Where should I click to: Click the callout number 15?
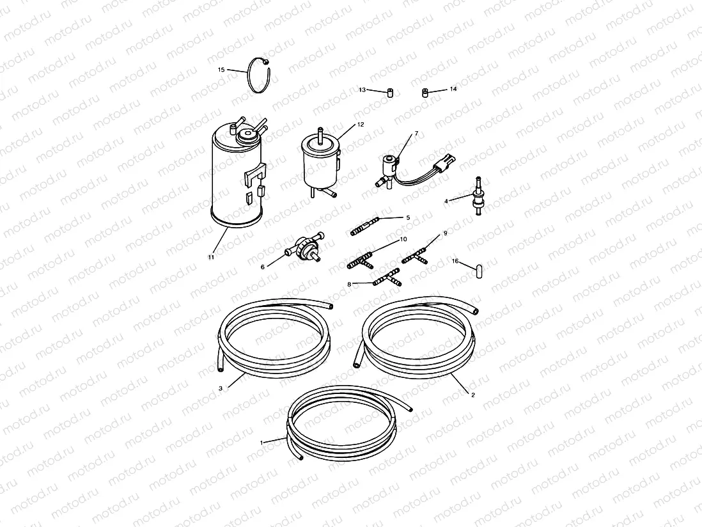click(x=221, y=70)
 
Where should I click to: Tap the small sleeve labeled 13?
click(x=390, y=93)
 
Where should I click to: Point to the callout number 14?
click(x=453, y=89)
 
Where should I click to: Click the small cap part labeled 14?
click(x=426, y=93)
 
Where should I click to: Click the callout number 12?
click(x=361, y=125)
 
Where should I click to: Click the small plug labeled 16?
click(x=479, y=271)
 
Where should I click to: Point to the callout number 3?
click(x=221, y=389)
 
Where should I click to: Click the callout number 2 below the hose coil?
click(x=472, y=395)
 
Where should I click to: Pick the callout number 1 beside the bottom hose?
click(x=261, y=443)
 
